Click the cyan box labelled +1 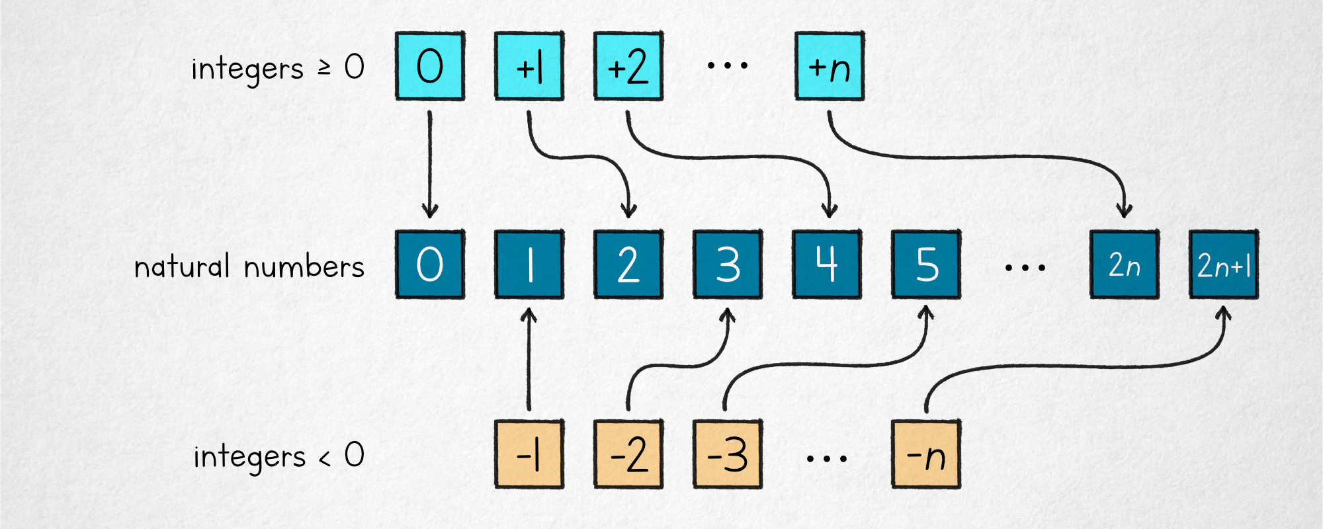click(x=529, y=66)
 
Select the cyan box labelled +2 click(x=628, y=66)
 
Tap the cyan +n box click(x=830, y=66)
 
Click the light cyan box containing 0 click(x=430, y=66)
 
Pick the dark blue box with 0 click(x=430, y=264)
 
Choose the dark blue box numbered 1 click(x=529, y=264)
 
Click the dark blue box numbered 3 click(x=728, y=264)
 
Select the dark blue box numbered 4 click(x=827, y=264)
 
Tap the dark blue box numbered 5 click(x=926, y=264)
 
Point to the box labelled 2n click(x=1125, y=264)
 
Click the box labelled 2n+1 click(x=1224, y=264)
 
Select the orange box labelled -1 click(x=529, y=454)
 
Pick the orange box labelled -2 click(x=628, y=454)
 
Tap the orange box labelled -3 click(x=728, y=454)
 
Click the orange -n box click(x=926, y=454)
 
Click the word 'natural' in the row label click(x=182, y=266)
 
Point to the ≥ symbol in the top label click(x=324, y=67)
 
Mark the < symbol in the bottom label click(x=324, y=458)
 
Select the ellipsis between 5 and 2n click(x=1025, y=268)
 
